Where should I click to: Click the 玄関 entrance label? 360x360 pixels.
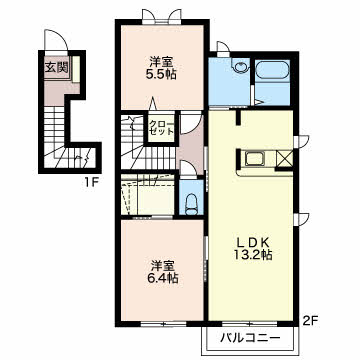tap(57, 68)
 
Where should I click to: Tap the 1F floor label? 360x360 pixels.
tap(91, 182)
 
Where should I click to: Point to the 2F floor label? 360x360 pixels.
tap(310, 321)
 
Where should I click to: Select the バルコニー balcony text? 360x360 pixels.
tap(250, 339)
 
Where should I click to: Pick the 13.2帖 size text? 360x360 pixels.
tap(253, 255)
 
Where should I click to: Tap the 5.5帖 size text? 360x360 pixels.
tap(161, 74)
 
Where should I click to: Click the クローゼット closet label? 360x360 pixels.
tap(161, 127)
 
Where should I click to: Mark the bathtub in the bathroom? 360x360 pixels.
tap(272, 70)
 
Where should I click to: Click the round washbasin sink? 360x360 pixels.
tap(240, 67)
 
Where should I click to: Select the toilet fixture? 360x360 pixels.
tap(191, 204)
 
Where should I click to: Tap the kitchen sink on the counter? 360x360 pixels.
tap(255, 158)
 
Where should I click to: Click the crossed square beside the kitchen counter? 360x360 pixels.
tap(284, 159)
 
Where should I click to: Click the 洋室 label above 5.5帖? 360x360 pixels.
tap(161, 62)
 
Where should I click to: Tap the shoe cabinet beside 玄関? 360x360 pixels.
tap(76, 69)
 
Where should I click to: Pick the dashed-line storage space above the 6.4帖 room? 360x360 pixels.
tap(148, 195)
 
